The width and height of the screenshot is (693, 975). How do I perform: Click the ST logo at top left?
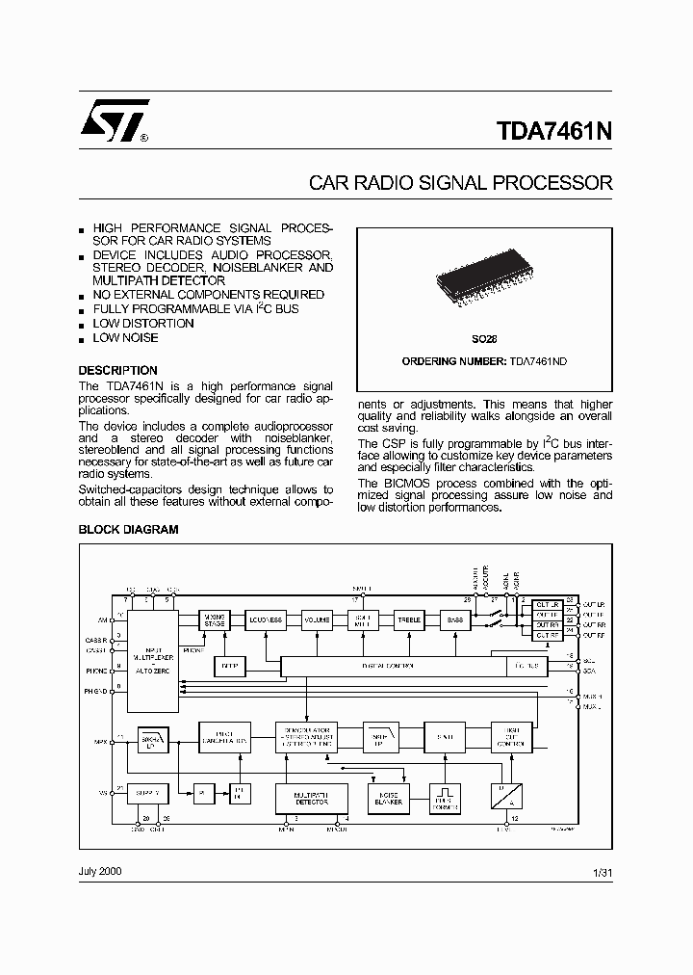[113, 121]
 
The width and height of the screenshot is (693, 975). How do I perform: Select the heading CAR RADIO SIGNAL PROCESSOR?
[460, 182]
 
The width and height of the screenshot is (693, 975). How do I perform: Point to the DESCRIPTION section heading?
[117, 370]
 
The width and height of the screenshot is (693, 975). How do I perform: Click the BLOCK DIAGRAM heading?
[128, 530]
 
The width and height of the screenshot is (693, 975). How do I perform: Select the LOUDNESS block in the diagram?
[265, 620]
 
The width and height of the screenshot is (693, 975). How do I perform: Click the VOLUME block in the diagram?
[317, 620]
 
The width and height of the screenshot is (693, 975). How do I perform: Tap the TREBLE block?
[409, 620]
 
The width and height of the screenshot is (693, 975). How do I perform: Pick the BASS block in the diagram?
[455, 620]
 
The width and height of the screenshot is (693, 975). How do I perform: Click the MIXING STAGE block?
[215, 621]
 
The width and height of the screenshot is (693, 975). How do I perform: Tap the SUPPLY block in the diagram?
[147, 792]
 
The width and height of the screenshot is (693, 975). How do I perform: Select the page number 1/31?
[603, 872]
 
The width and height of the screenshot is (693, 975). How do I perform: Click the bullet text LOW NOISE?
[125, 337]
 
